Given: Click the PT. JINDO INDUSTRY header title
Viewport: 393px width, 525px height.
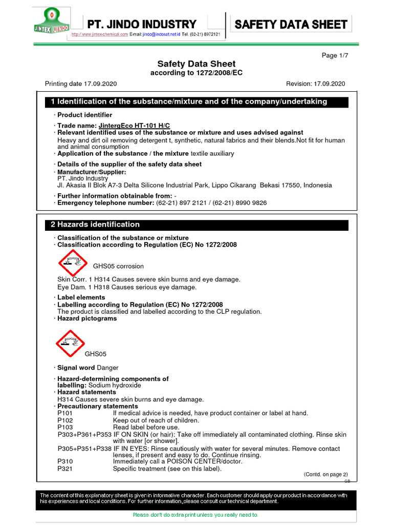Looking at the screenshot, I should coord(142,24).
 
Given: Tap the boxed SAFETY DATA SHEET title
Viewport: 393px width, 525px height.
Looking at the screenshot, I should coord(291,24).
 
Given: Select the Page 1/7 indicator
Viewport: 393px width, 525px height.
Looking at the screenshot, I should coord(335,55).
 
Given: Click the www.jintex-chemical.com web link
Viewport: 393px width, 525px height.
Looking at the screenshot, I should coord(99,34).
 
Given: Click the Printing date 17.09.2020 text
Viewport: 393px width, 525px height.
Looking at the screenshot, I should coord(81,84).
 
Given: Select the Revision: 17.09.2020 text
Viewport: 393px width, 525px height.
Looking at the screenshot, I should coord(315,84).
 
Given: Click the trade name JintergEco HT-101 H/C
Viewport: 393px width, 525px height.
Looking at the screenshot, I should coord(134,126).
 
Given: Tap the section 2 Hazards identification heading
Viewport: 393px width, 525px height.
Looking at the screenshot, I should coord(95,225).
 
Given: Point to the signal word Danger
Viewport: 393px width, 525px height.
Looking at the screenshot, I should coord(107,368).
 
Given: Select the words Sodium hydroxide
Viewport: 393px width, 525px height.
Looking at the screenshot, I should coord(115,386).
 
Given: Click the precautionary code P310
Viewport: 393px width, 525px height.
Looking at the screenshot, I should coord(65,461).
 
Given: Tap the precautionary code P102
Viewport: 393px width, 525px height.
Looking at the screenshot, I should coord(65,420).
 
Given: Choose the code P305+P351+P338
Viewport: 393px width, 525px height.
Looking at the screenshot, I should coord(84,449).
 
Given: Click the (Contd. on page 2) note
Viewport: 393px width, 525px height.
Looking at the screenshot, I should coord(325,474).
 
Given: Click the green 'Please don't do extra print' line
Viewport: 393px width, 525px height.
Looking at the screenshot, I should coord(195,514).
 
